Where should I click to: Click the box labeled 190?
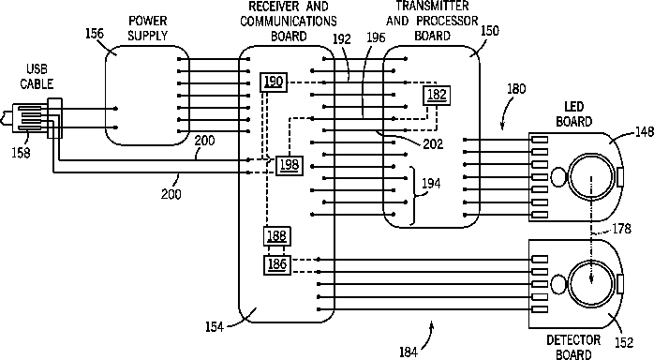point(274,82)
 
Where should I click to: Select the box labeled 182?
point(437,95)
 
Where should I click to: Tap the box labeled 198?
point(289,165)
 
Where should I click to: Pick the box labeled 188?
point(277,236)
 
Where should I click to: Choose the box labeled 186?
point(277,264)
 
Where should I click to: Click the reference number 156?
point(95,34)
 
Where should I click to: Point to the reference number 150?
point(490,31)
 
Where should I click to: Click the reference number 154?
point(215,327)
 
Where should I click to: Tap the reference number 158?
point(21,153)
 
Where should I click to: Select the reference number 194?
point(431,183)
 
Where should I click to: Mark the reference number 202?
point(433,144)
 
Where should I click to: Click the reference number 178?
point(621,229)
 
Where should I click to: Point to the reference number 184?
point(409,352)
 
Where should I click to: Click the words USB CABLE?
point(37,77)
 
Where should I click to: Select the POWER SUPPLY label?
point(148,28)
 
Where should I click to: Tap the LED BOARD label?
point(574,114)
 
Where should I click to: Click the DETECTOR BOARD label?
point(574,347)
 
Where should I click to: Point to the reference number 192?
point(342,39)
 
